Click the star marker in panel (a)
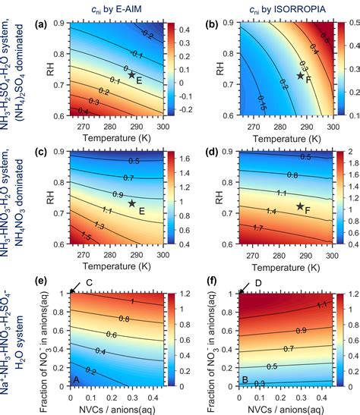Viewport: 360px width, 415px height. click(x=131, y=74)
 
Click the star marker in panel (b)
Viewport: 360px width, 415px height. click(x=300, y=77)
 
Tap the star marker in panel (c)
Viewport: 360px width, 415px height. click(x=131, y=203)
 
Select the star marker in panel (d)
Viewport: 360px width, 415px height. click(x=300, y=206)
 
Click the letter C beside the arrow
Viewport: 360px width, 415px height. click(x=89, y=283)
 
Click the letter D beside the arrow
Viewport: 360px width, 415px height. click(x=258, y=283)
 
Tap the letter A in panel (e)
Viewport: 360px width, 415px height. click(x=76, y=382)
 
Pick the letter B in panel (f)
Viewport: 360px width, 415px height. click(x=245, y=382)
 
